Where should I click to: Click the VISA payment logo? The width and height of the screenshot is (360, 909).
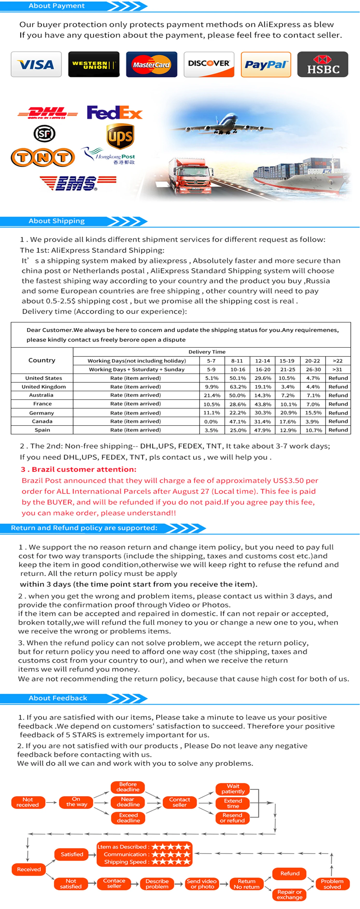(x=36, y=64)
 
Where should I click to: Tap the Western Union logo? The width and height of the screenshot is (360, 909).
(x=94, y=64)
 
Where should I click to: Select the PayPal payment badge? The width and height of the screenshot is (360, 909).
(x=266, y=64)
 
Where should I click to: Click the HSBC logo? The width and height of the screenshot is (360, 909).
(x=323, y=64)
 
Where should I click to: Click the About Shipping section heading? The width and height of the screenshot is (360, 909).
(x=57, y=221)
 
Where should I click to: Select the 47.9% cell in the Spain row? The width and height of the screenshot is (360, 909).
(x=262, y=430)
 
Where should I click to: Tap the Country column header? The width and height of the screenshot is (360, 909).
(x=42, y=360)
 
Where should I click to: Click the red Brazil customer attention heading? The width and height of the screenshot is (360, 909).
(x=78, y=469)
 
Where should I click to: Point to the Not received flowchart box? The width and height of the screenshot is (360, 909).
(x=27, y=802)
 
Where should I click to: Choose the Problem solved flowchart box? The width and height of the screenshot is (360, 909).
(x=332, y=884)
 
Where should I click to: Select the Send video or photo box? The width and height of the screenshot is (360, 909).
(x=202, y=884)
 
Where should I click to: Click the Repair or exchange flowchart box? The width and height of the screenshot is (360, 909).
(x=290, y=894)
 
